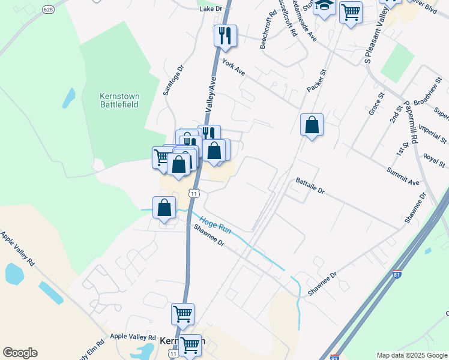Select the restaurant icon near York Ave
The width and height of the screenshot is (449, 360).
click(x=225, y=35)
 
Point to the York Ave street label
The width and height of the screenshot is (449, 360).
click(x=234, y=67)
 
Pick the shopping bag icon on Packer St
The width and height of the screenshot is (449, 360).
click(x=312, y=125)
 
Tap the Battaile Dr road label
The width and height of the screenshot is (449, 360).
click(x=310, y=186)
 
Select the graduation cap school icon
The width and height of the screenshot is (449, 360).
click(x=324, y=6)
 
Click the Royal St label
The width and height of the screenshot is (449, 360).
click(x=433, y=160)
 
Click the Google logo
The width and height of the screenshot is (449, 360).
click(x=20, y=353)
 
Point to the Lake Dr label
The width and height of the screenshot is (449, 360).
click(x=211, y=9)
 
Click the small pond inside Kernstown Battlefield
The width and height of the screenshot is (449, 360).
click(x=70, y=97)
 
